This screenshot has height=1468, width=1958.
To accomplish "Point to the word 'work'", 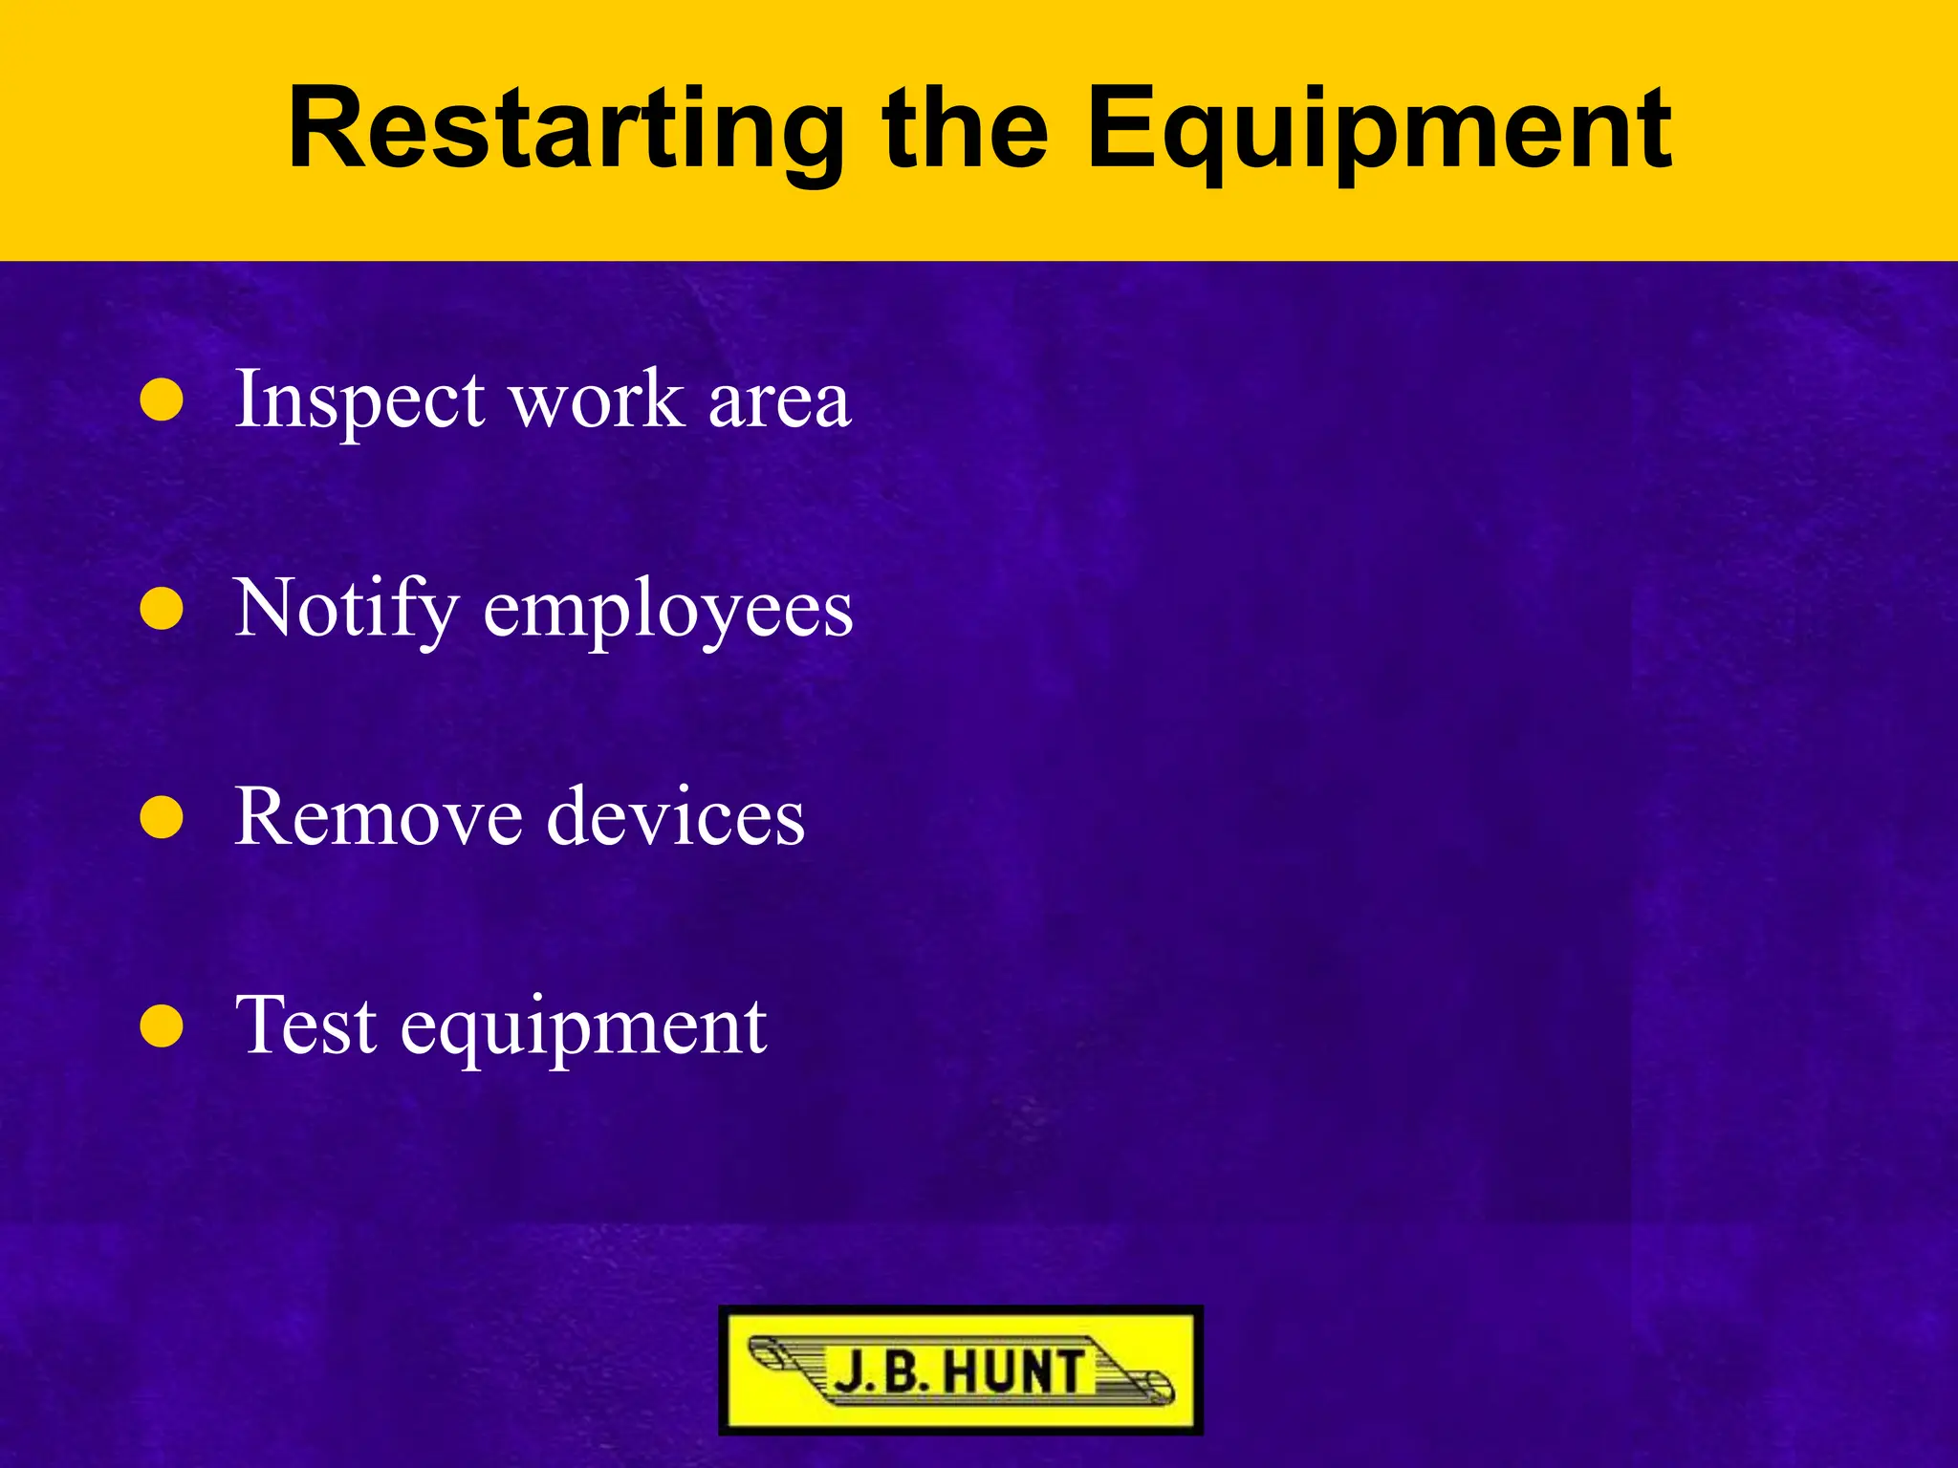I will (x=598, y=399).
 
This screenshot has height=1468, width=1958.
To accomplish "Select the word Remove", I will (x=379, y=817).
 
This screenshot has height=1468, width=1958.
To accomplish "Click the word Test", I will (x=306, y=1025).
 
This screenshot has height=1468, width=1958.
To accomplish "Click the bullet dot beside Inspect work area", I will (x=162, y=400).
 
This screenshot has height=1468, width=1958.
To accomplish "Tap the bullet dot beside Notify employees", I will (x=162, y=609).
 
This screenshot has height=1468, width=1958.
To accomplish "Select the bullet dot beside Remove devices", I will (x=162, y=818).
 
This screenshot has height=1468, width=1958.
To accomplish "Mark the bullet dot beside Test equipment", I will (x=162, y=1027).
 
